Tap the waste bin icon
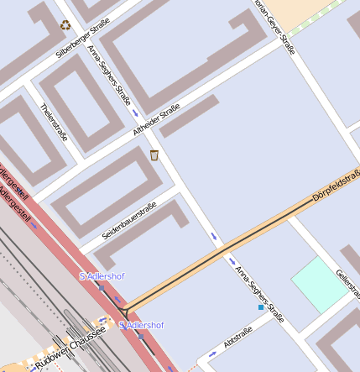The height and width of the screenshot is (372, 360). [154, 155]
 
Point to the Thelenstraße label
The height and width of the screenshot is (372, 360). [54, 121]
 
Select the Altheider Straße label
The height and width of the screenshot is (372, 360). [156, 119]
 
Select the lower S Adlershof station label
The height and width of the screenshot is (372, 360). [141, 325]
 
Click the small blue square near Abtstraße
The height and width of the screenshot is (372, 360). [261, 308]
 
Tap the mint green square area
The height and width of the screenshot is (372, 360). [319, 284]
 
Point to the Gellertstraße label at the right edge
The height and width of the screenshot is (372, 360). [347, 284]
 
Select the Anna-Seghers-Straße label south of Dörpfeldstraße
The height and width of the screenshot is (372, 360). [259, 294]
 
